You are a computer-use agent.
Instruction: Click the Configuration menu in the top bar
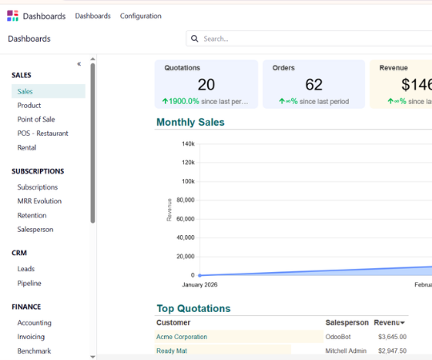pyautogui.click(x=140, y=16)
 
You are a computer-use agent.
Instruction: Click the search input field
pyautogui.click(x=312, y=38)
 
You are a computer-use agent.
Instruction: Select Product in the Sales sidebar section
pyautogui.click(x=30, y=106)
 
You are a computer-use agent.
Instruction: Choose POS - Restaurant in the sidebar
pyautogui.click(x=43, y=134)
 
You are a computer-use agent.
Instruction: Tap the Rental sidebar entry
pyautogui.click(x=27, y=147)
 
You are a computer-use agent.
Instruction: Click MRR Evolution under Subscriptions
pyautogui.click(x=39, y=202)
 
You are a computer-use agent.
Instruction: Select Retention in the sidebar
pyautogui.click(x=32, y=215)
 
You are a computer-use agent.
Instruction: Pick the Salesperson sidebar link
pyautogui.click(x=35, y=230)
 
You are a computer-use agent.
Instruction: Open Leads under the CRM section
pyautogui.click(x=26, y=269)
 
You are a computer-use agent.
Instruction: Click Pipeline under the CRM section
pyautogui.click(x=30, y=283)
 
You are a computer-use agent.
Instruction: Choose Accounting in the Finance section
pyautogui.click(x=34, y=323)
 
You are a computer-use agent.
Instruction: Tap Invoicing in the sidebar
pyautogui.click(x=31, y=337)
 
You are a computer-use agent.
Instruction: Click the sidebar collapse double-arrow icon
pyautogui.click(x=78, y=64)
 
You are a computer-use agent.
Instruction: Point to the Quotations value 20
pyautogui.click(x=206, y=85)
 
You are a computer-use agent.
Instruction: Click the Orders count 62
pyautogui.click(x=314, y=85)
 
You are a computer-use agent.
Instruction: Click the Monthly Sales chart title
pyautogui.click(x=190, y=122)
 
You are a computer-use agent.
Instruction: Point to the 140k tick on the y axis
pyautogui.click(x=188, y=144)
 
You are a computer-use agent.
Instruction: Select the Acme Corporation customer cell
pyautogui.click(x=182, y=337)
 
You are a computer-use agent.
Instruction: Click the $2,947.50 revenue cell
pyautogui.click(x=392, y=350)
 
